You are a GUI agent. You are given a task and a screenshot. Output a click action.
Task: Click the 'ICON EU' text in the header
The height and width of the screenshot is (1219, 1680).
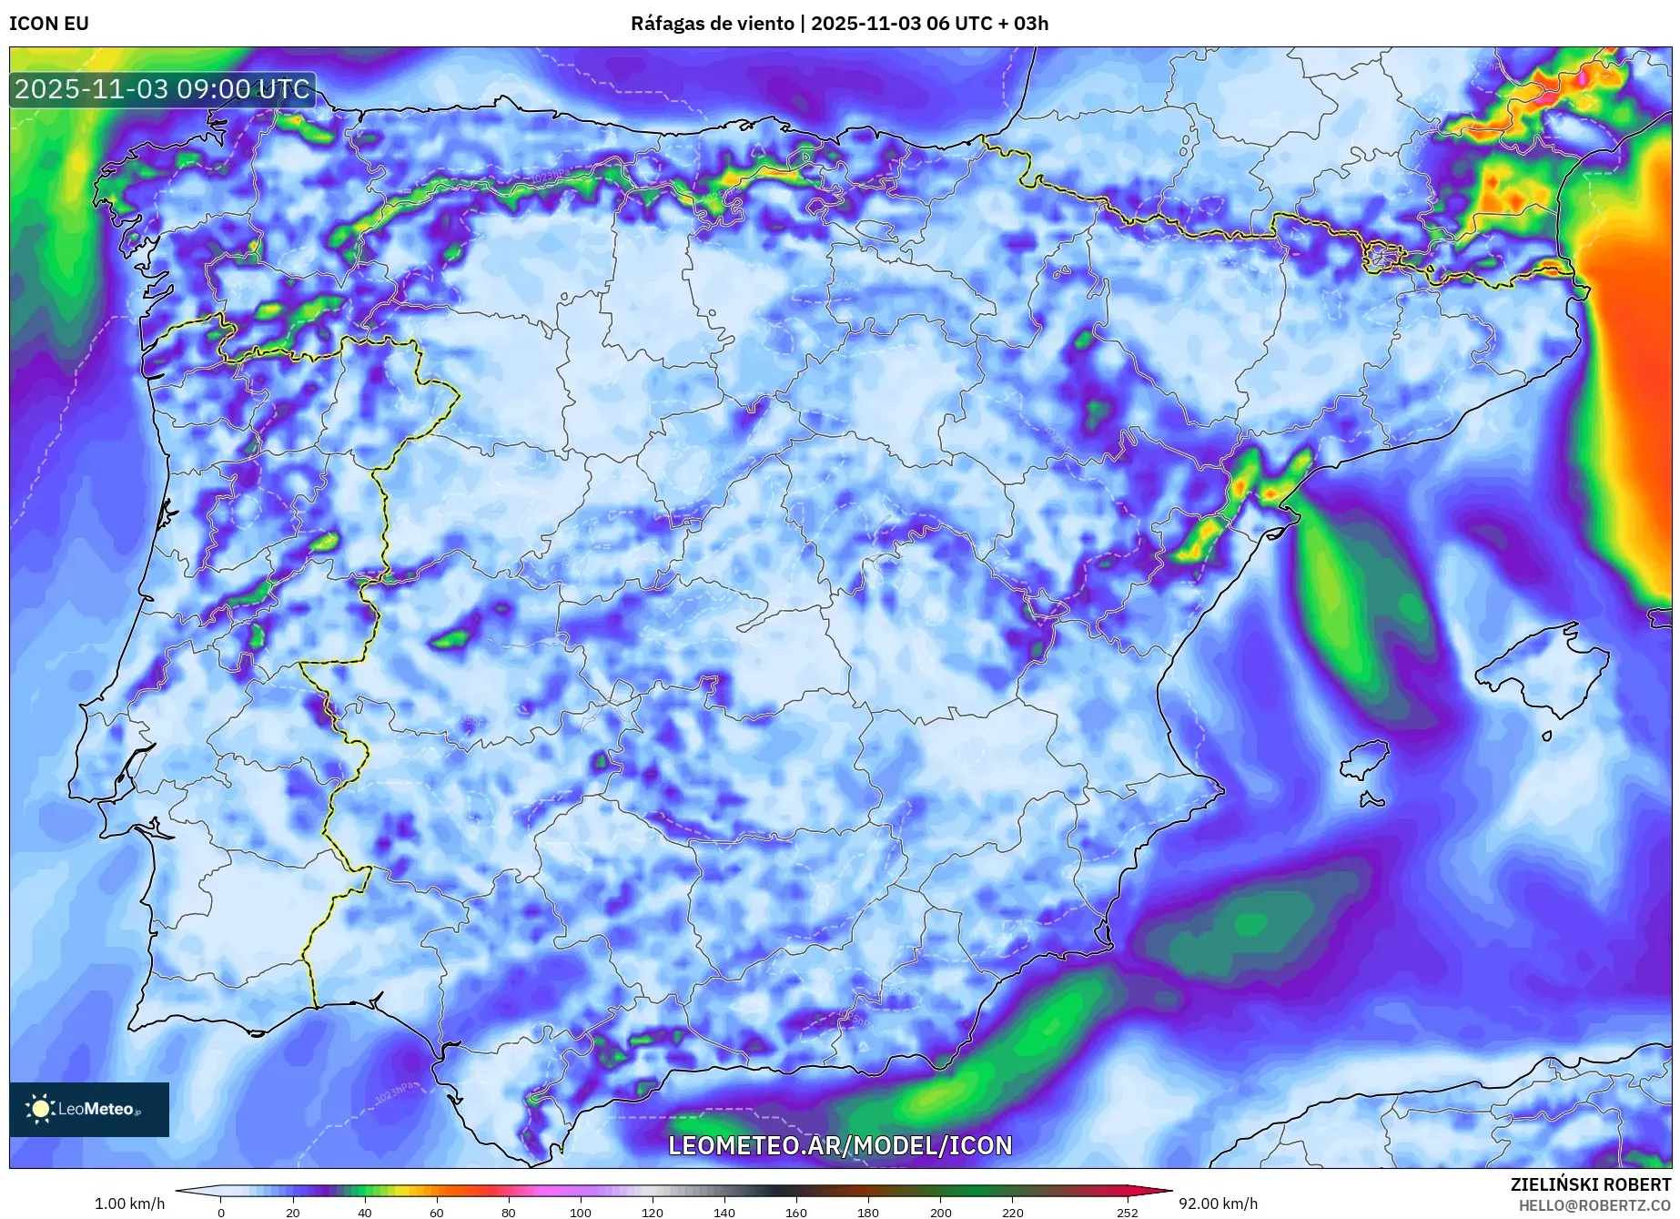[49, 24]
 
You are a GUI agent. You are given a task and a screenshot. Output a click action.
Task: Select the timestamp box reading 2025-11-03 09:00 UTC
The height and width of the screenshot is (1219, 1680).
[163, 89]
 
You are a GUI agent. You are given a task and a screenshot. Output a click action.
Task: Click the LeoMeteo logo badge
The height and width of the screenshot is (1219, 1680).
[89, 1109]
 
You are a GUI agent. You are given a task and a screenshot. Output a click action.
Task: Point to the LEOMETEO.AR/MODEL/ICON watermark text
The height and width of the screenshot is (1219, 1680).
[840, 1145]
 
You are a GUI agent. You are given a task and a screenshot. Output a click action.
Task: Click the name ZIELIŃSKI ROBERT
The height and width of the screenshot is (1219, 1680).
[1590, 1184]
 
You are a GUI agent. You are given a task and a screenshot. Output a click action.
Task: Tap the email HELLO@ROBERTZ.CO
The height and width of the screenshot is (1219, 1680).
[1594, 1205]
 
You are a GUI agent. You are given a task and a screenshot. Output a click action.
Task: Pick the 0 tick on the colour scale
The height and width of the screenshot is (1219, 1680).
[221, 1212]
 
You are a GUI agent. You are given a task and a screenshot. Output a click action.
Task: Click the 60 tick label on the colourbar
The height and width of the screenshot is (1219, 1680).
[437, 1212]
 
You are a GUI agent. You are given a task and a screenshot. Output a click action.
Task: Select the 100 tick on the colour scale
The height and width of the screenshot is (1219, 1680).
[581, 1212]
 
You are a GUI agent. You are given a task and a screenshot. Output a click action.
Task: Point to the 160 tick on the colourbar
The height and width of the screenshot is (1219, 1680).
[796, 1212]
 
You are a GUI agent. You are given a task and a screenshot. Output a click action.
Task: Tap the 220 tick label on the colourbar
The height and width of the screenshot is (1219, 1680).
[1012, 1212]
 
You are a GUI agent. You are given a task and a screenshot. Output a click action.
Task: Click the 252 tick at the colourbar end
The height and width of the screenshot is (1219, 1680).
[1128, 1212]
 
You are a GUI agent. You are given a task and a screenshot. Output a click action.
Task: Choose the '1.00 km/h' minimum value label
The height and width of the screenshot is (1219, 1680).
[129, 1204]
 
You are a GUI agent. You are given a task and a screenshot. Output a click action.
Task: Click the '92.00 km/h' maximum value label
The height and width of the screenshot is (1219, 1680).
[1218, 1204]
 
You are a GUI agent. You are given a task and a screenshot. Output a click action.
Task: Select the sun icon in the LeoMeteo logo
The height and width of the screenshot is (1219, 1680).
[40, 1109]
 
